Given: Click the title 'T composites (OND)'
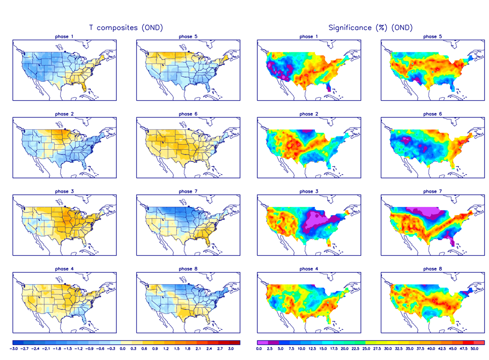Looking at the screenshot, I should point(126,28).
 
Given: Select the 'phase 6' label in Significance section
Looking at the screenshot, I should point(430,114).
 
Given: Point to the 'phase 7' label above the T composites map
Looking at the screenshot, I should point(185,191).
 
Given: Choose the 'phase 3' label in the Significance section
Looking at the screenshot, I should point(307,191).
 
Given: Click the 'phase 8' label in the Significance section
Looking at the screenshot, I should point(430,269).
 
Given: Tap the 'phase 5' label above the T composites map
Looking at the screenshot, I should point(185,37).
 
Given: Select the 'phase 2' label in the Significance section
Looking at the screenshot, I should point(307,114).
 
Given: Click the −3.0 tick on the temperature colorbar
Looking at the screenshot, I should point(15,349).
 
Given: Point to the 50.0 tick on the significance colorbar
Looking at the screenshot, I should point(474,349).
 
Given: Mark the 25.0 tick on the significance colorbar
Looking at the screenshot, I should point(366,349).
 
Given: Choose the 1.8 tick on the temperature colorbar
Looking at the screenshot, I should point(187,349).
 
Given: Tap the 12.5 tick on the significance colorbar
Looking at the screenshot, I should point(312,349).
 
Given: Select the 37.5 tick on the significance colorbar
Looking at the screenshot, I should point(420,349).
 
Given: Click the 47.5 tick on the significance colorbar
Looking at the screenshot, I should point(463,349).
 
